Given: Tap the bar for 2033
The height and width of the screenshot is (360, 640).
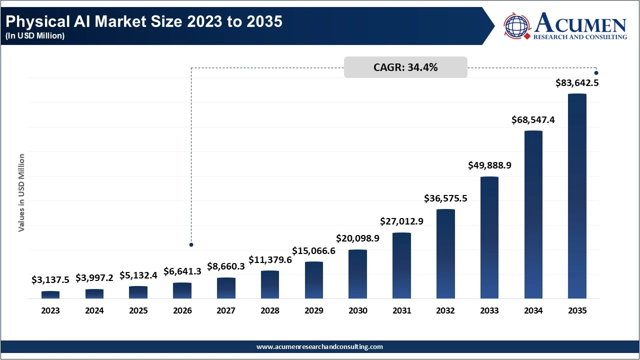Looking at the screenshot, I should coord(489,237).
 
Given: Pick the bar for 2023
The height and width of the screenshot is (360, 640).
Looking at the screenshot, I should coord(50,295).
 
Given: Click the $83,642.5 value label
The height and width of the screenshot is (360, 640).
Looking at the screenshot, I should coord(577,83).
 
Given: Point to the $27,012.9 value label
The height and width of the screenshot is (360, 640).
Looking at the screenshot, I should coord(401,221).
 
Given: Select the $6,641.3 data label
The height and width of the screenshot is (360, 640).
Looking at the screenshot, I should coord(182,271).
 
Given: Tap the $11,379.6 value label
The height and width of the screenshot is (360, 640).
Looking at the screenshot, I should coord(270,259).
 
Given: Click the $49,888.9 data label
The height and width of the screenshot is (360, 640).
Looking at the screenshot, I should coord(489,165).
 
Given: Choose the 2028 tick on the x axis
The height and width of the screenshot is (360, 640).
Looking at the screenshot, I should coord(270,310).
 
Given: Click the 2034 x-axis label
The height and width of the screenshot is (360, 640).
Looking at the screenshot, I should coord(533,310).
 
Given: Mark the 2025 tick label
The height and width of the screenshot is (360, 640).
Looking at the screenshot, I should coord(138,310).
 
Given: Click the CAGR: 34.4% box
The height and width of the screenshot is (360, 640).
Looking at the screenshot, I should coord(405,67).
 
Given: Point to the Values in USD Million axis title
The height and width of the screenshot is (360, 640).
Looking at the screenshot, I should coord(21,192).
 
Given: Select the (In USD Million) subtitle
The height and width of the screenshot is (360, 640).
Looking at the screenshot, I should coord(35,36).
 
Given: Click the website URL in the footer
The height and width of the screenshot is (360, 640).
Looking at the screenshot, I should coord(319,346).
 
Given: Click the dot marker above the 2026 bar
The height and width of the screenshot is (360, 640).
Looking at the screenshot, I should coord(191,244).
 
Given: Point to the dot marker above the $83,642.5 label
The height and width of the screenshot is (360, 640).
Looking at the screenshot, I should coord(596,73).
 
